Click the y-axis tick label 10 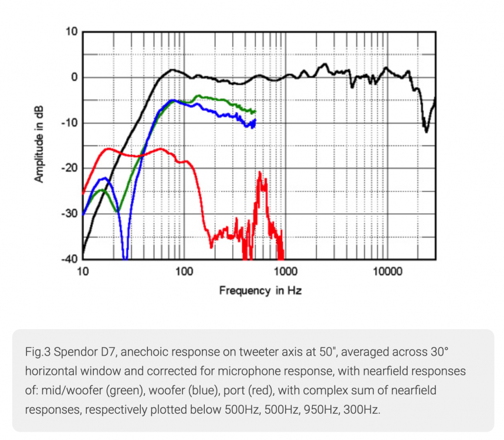click(x=71, y=32)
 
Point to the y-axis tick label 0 click(x=74, y=77)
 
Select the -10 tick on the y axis click(x=69, y=123)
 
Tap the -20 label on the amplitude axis click(x=69, y=168)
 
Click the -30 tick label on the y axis click(x=69, y=214)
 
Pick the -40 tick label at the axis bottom click(x=69, y=259)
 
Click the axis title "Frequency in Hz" click(x=260, y=290)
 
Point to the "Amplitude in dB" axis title click(x=39, y=145)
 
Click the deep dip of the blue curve click(x=125, y=256)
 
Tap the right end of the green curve click(x=255, y=111)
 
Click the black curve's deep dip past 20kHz click(x=426, y=130)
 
